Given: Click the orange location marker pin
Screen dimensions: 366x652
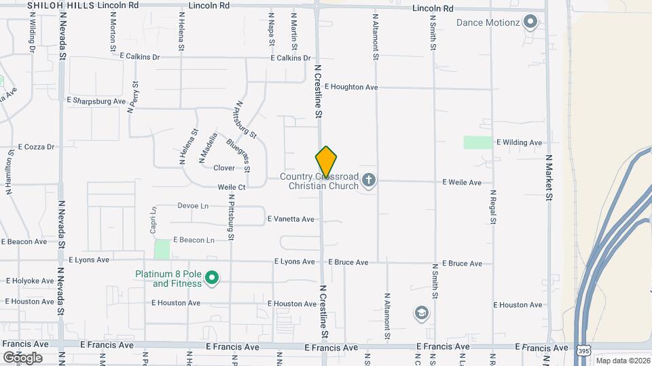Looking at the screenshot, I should [x=326, y=162].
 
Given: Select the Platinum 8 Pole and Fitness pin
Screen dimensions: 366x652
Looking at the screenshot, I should [x=211, y=278].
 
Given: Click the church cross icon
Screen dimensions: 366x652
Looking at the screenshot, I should [x=369, y=180].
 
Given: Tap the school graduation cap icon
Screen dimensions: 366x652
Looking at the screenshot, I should [x=421, y=313].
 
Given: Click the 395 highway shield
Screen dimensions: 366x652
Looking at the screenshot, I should [x=583, y=350].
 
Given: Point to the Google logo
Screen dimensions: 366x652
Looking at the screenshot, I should [x=22, y=357].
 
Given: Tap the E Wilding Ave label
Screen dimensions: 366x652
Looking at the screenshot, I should [x=520, y=143].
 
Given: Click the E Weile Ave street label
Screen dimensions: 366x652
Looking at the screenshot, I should [x=462, y=182].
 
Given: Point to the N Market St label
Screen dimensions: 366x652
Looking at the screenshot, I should [x=549, y=176].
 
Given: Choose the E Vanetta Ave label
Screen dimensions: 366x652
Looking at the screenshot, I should [x=291, y=219].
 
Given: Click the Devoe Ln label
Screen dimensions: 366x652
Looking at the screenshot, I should [x=193, y=205].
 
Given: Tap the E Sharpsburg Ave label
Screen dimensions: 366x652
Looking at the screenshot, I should [x=96, y=100].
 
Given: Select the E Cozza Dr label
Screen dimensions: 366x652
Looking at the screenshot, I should [x=36, y=146].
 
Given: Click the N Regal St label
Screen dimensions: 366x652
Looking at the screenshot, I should [x=494, y=207].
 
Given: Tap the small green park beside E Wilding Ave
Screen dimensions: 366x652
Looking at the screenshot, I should [x=478, y=142].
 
